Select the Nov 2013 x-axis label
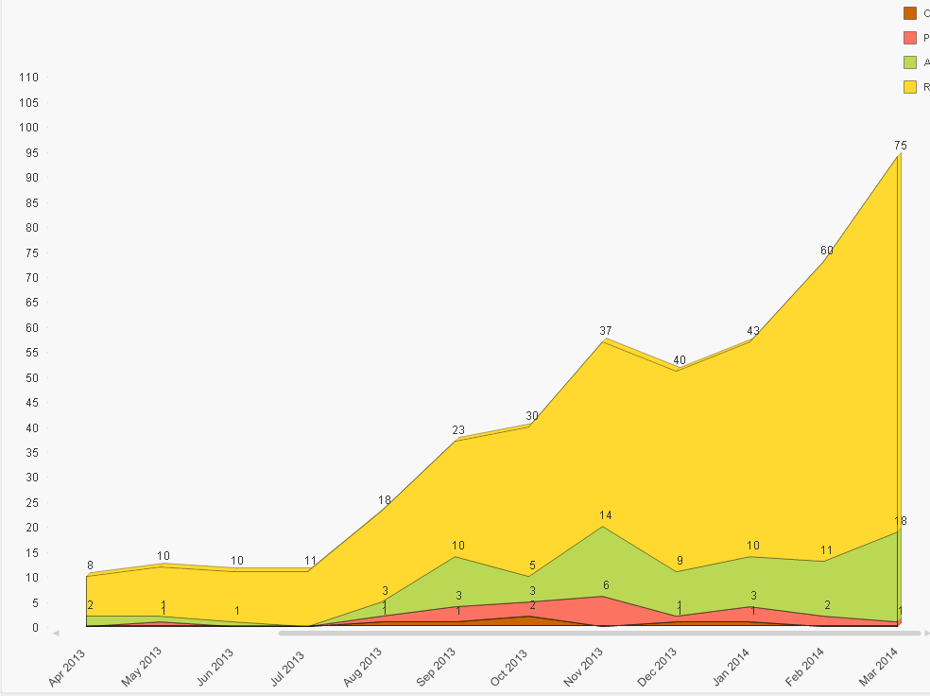584,667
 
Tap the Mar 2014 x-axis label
878,666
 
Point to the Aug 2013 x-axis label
363,667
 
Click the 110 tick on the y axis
27,78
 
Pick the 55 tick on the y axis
30,353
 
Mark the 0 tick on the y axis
34,627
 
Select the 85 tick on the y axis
30,202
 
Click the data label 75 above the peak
900,146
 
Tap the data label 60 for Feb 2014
827,251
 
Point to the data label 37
606,330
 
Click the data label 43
753,331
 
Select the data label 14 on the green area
606,515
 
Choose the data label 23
458,430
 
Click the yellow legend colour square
910,87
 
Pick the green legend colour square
910,62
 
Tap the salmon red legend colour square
910,38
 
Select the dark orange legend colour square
910,13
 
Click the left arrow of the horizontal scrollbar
57,633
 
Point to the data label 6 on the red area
606,585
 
